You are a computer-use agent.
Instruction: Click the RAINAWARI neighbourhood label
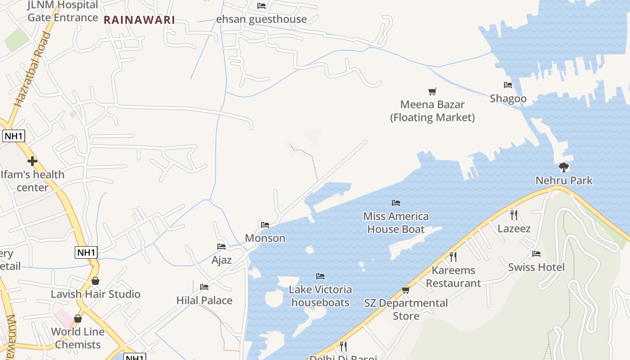139,20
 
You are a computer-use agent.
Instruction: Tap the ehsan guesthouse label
261,19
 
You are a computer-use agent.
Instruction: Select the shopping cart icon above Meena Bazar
432,92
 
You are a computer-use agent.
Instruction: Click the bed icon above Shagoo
508,85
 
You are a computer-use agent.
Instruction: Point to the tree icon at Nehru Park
563,167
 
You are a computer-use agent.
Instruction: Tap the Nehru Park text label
564,180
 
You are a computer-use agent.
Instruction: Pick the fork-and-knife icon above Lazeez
514,215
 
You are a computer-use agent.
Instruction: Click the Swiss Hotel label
536,267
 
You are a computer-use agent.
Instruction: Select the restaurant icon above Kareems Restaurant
453,257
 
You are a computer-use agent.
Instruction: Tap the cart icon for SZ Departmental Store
405,290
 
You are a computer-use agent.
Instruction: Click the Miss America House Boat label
396,223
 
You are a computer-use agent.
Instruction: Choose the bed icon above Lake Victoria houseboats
320,276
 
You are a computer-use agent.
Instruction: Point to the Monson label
265,238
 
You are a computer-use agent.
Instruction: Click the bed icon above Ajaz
221,247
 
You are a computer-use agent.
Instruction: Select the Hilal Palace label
204,300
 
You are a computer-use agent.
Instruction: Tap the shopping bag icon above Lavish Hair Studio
95,281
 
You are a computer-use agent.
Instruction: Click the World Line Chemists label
78,338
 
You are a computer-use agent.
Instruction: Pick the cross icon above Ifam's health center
32,161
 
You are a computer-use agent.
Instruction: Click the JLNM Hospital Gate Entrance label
63,11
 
